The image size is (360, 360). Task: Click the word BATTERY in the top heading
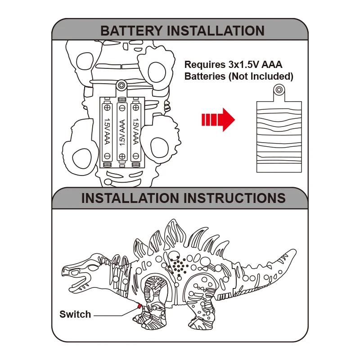pyautogui.click(x=131, y=31)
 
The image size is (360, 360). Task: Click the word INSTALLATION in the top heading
pyautogui.click(x=216, y=31)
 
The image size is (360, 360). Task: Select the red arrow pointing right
pyautogui.click(x=218, y=120)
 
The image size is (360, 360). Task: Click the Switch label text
pyautogui.click(x=75, y=314)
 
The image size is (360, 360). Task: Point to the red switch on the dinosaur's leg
pyautogui.click(x=139, y=307)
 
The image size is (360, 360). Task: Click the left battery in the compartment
pyautogui.click(x=107, y=131)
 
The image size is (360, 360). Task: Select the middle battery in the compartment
pyautogui.click(x=121, y=131)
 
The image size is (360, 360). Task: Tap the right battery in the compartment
pyautogui.click(x=135, y=131)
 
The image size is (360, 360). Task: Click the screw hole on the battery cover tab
pyautogui.click(x=279, y=90)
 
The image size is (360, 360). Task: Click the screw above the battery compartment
pyautogui.click(x=121, y=85)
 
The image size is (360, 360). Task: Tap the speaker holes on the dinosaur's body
pyautogui.click(x=179, y=266)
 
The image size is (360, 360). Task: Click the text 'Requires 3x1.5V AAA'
pyautogui.click(x=233, y=65)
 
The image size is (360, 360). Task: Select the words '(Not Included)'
pyautogui.click(x=261, y=76)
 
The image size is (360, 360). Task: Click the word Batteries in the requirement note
pyautogui.click(x=205, y=76)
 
